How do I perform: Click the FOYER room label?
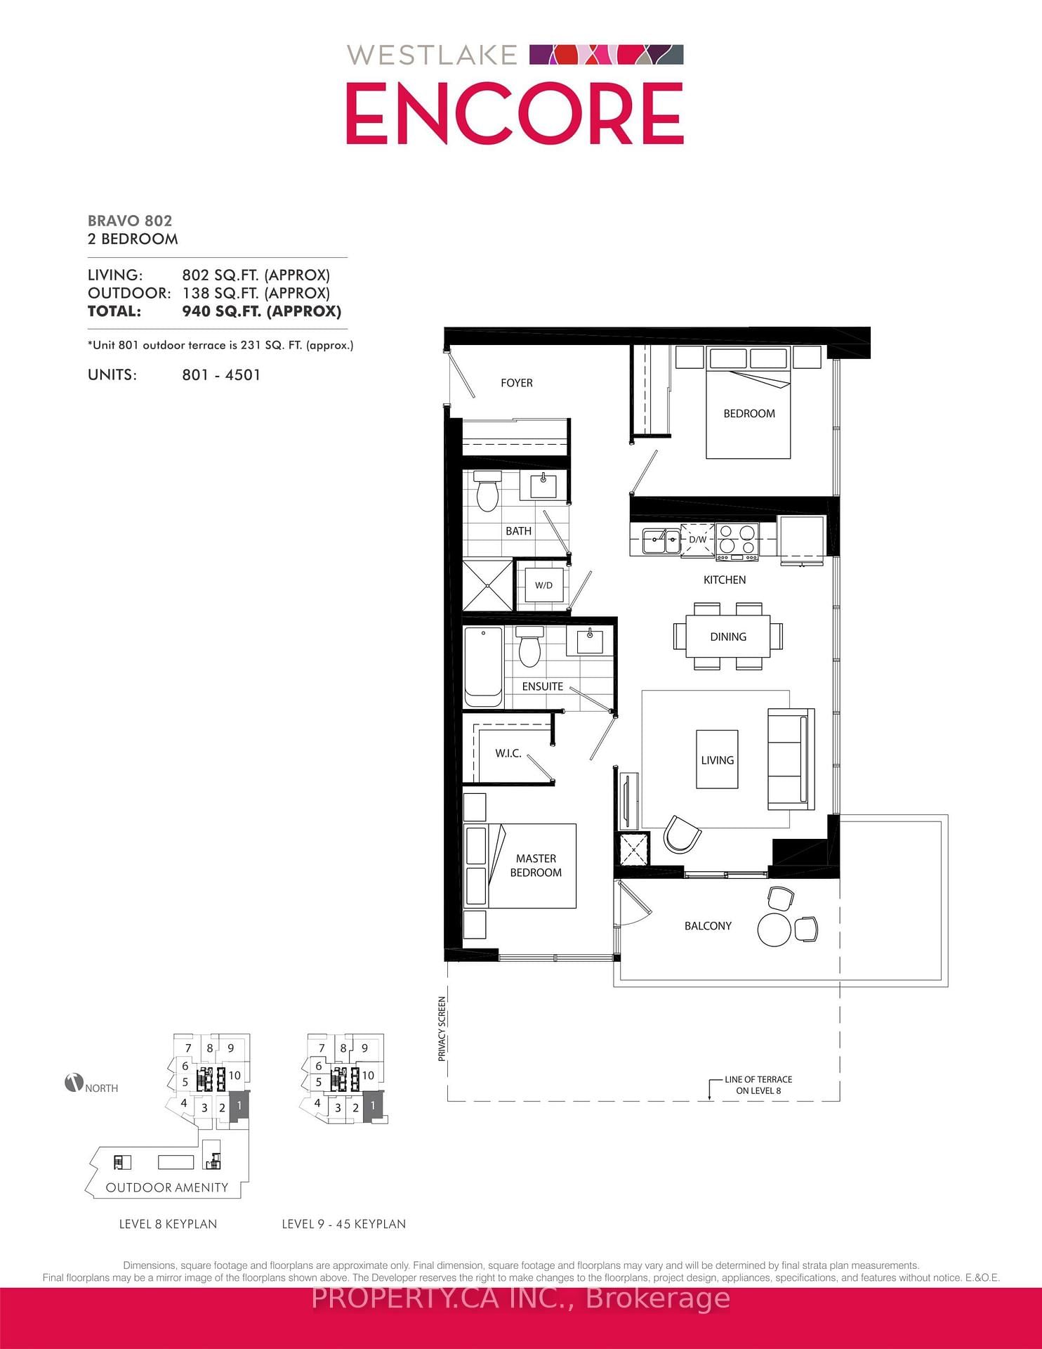point(516,383)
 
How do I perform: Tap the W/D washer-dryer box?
point(543,585)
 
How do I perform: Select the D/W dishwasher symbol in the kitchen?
point(697,540)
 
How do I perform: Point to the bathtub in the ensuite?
point(483,667)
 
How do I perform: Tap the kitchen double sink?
point(661,540)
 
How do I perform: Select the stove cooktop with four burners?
point(737,540)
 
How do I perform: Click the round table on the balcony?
point(774,929)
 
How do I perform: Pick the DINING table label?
point(727,637)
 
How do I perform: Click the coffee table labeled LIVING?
point(717,760)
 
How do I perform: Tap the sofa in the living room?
point(791,759)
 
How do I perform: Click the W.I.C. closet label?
point(508,753)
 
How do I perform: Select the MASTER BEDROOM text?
point(536,866)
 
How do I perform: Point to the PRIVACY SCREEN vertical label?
point(442,1029)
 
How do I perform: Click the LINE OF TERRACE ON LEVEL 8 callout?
point(758,1085)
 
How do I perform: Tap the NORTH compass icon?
point(74,1083)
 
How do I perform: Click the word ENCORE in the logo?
point(515,114)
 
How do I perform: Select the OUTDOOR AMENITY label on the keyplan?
point(167,1187)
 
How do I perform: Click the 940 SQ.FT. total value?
point(261,311)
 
